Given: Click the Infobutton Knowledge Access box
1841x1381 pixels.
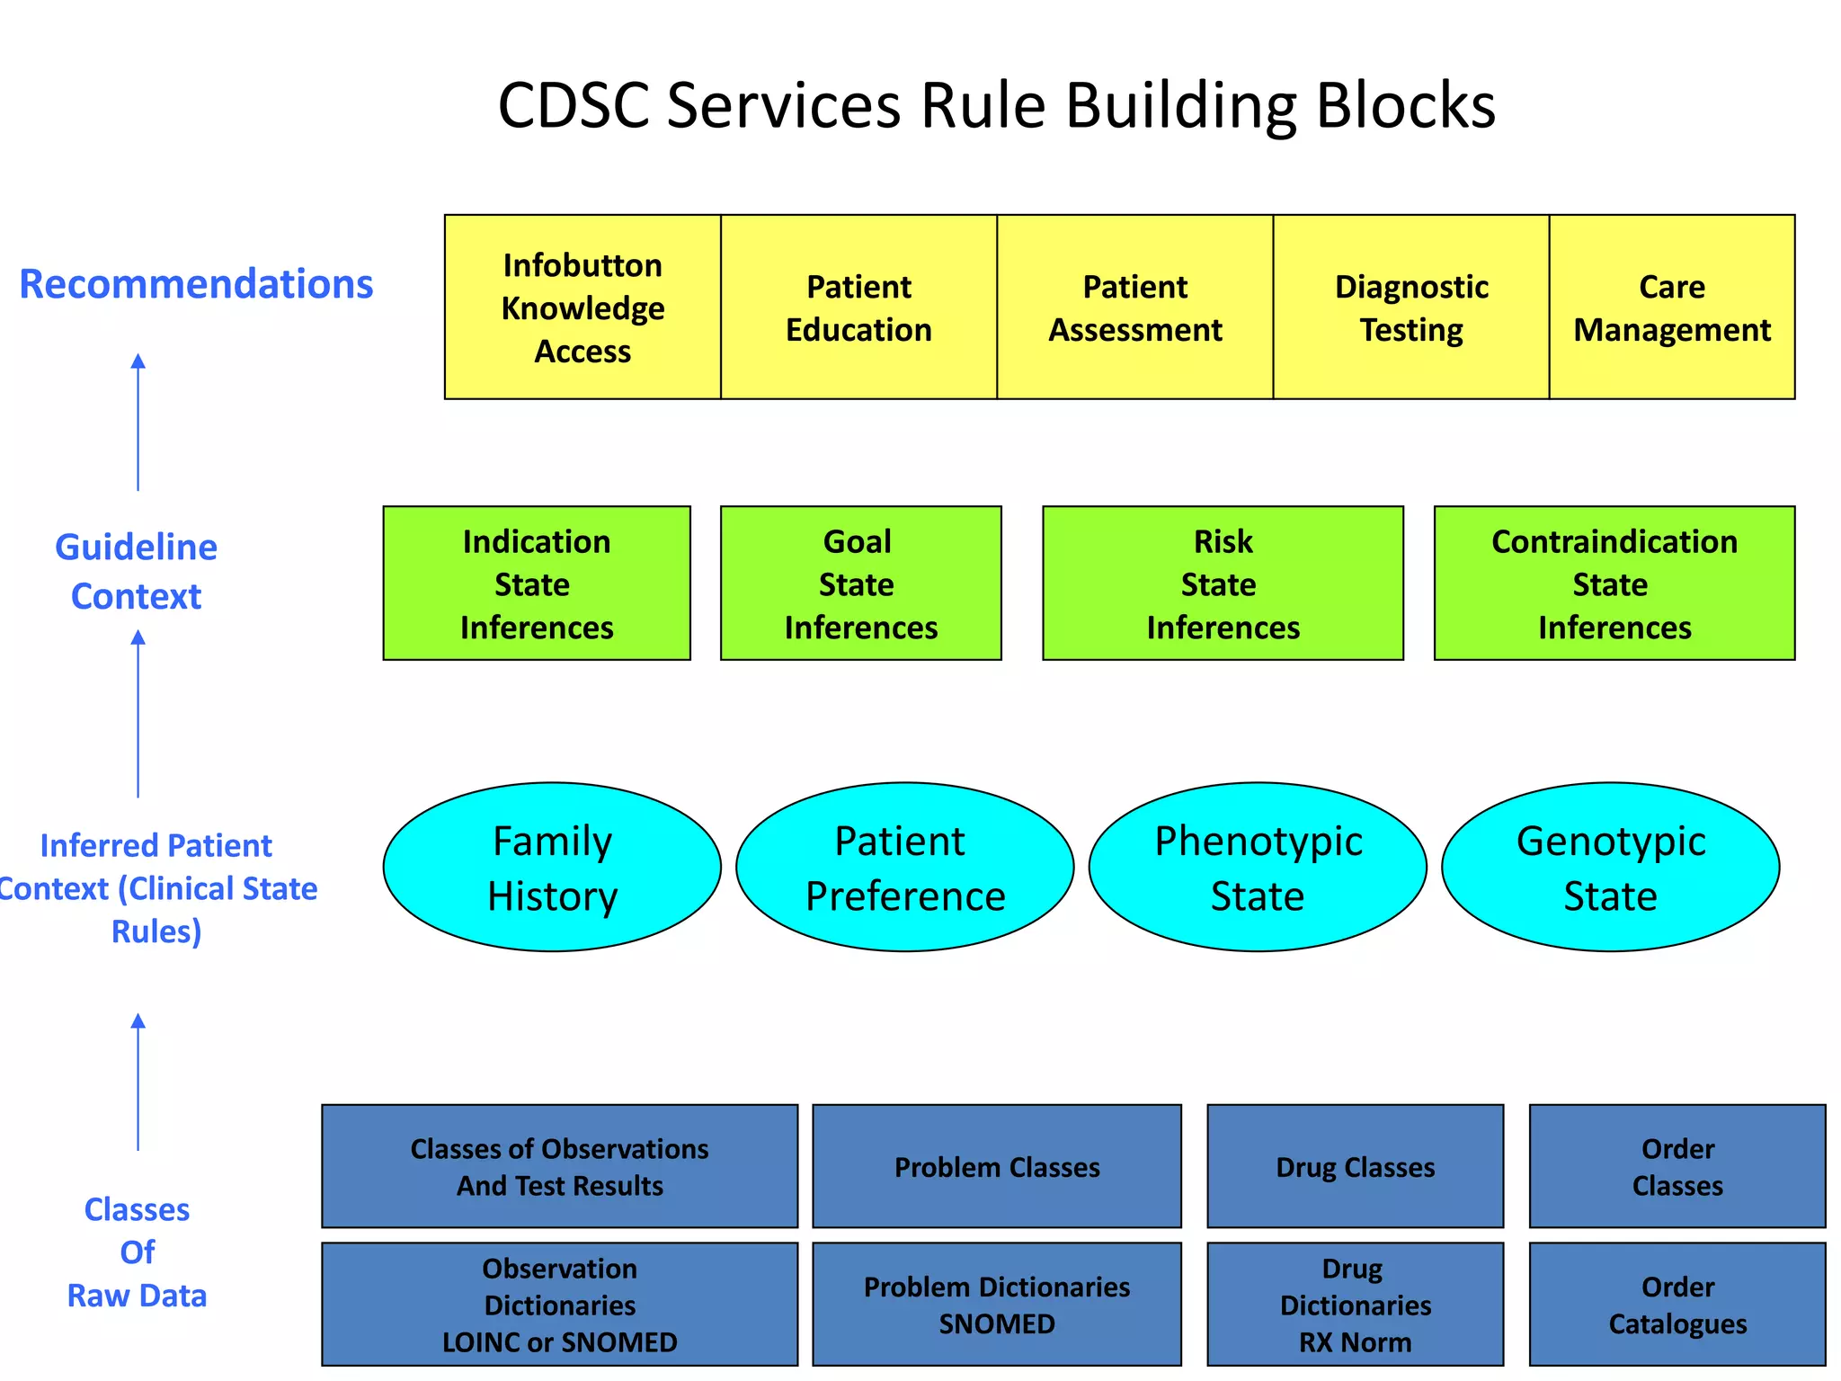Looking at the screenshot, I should [583, 307].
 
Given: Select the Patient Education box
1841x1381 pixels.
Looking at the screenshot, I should [858, 307].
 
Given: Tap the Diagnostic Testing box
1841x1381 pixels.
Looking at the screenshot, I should [1410, 307].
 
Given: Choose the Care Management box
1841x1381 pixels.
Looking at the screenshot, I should [1671, 307].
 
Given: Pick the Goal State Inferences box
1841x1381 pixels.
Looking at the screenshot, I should [860, 583].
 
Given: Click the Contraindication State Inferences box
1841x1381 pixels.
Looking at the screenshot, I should [1614, 583].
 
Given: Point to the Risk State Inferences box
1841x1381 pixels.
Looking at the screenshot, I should [1223, 583].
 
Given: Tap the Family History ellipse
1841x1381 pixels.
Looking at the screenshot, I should [552, 867].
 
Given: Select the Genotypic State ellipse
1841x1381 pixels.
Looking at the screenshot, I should [1610, 867].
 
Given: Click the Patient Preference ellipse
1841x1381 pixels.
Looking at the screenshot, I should [904, 867].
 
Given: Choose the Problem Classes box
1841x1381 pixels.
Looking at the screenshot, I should [996, 1166].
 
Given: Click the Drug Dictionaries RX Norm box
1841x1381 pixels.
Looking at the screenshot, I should [1355, 1304].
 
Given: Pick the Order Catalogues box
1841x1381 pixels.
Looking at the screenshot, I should [1677, 1304].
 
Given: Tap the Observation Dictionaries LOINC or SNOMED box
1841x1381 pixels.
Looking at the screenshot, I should [559, 1304].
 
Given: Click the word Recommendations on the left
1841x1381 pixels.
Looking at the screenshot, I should [196, 284].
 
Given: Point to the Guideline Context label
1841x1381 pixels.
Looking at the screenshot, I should [137, 571].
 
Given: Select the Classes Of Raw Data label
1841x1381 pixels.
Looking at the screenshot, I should [137, 1252].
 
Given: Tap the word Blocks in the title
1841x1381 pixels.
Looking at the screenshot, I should [1406, 105].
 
